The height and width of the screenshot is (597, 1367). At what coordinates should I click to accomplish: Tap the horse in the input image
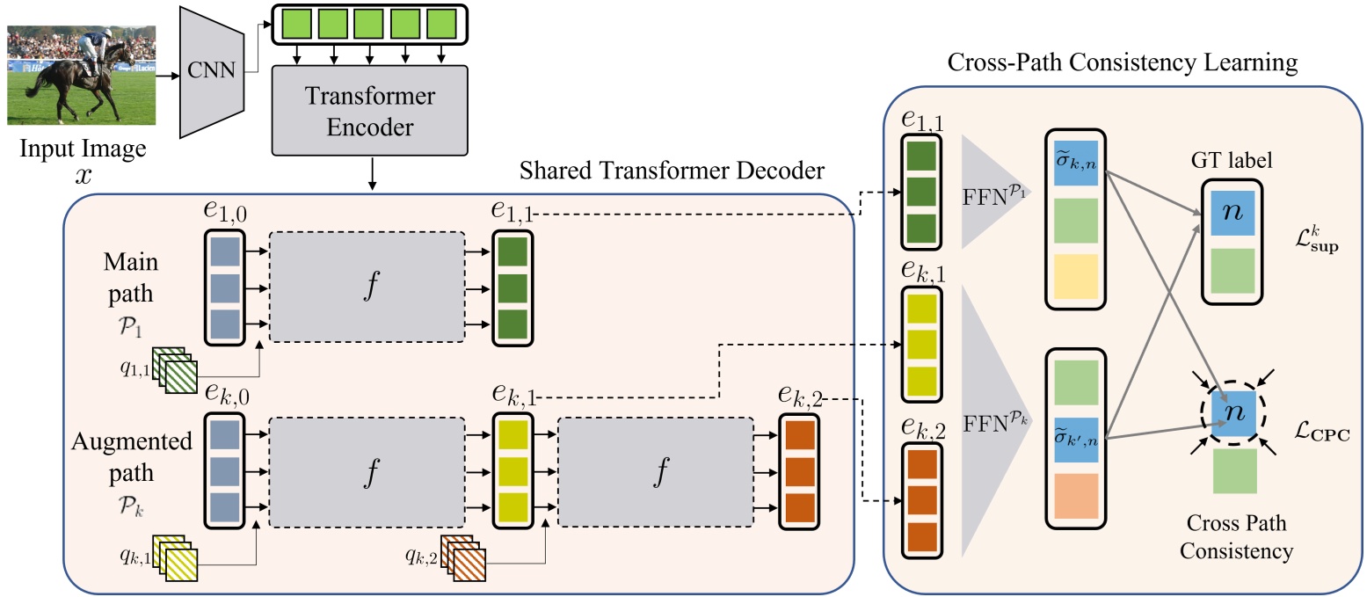[66, 84]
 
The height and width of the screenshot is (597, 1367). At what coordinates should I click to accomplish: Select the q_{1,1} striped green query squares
[175, 367]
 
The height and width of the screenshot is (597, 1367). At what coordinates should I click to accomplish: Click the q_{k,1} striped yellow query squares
[175, 556]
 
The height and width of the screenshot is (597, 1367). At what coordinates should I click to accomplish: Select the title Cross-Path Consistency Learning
[1122, 62]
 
